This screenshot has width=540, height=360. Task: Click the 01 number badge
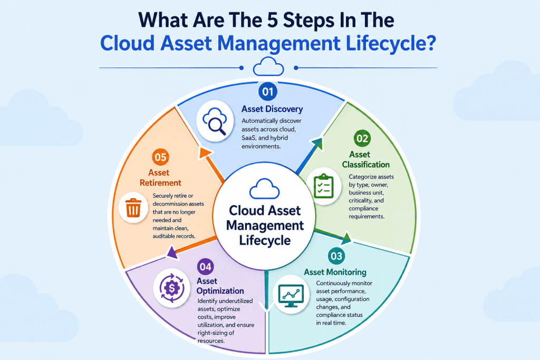(x=268, y=91)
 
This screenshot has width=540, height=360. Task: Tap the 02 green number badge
(x=362, y=138)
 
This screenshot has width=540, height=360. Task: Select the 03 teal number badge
(x=336, y=256)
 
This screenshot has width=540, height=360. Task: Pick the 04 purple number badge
(x=205, y=267)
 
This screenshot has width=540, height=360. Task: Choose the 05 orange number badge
(x=160, y=157)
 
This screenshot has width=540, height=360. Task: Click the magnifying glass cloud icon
(x=215, y=121)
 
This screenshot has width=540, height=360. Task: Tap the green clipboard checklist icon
(x=323, y=186)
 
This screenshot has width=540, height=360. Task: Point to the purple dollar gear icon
(x=171, y=288)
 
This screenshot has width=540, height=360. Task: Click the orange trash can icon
(x=133, y=208)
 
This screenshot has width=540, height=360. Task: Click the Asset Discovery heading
(x=272, y=109)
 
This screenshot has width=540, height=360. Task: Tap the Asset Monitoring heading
(x=335, y=272)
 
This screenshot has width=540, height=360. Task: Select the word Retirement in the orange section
(x=160, y=183)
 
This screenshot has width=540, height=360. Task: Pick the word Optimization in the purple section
(x=220, y=291)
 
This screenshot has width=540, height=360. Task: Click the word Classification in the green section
(x=366, y=164)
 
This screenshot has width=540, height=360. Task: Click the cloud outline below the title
(x=268, y=66)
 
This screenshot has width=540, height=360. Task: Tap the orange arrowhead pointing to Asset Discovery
(x=205, y=153)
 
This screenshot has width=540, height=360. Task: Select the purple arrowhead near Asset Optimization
(x=172, y=252)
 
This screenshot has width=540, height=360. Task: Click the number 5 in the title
(x=273, y=20)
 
